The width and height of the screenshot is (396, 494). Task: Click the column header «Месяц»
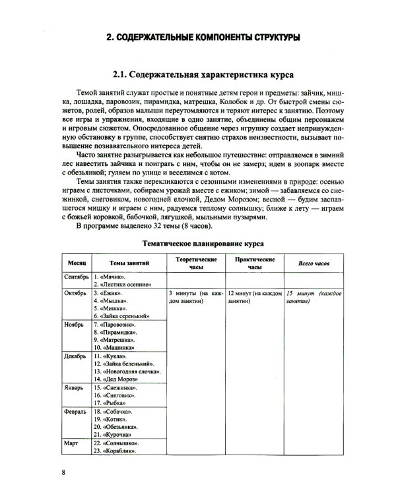pyautogui.click(x=74, y=263)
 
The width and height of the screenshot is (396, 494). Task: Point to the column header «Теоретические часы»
pyautogui.click(x=195, y=263)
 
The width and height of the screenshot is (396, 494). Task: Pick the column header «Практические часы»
pyautogui.click(x=255, y=263)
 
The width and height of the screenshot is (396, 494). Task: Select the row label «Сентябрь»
pyautogui.click(x=74, y=277)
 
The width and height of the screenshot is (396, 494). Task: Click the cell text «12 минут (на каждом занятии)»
pyautogui.click(x=255, y=296)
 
